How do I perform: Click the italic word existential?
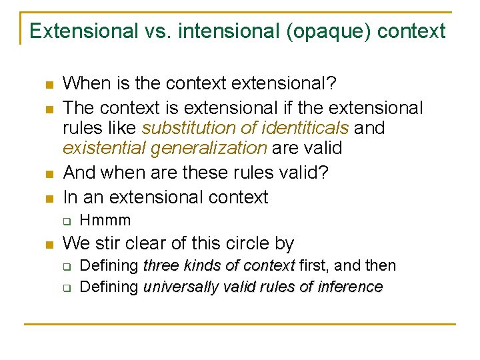coord(103,148)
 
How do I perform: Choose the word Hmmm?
coord(105,220)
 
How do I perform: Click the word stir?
coord(107,243)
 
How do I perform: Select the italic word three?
coord(161,266)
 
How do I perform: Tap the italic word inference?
coord(349,287)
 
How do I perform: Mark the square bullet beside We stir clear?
coord(48,244)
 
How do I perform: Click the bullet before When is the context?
coord(48,85)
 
